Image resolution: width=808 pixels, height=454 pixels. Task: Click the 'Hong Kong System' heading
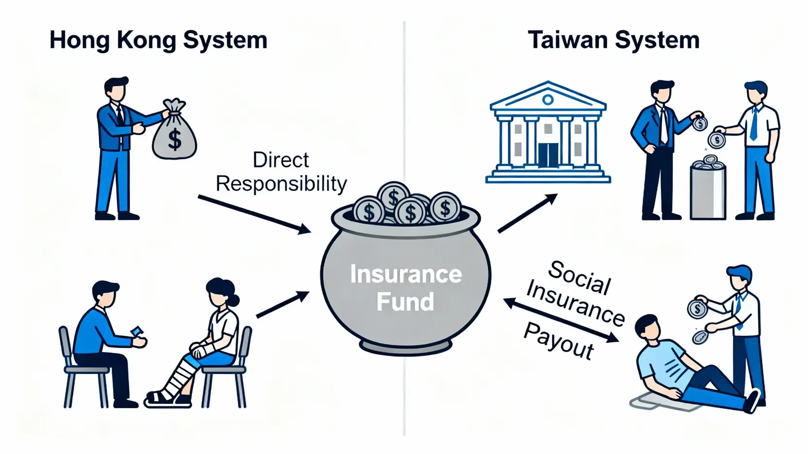158,40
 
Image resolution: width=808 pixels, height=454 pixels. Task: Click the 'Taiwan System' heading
614,40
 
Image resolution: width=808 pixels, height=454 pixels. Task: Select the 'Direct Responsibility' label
281,172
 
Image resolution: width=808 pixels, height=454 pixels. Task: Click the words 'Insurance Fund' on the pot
405,287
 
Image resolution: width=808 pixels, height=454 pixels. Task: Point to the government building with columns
548,133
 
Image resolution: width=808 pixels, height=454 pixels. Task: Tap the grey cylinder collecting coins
708,191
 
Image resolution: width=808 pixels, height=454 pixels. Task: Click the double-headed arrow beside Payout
561,320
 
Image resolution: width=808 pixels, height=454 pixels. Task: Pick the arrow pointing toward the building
528,213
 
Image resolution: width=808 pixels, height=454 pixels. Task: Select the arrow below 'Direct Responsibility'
254,214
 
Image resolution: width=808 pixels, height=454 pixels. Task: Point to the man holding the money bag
116,145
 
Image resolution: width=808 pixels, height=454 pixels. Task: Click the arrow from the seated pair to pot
282,305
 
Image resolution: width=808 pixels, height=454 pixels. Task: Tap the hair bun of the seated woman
235,300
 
